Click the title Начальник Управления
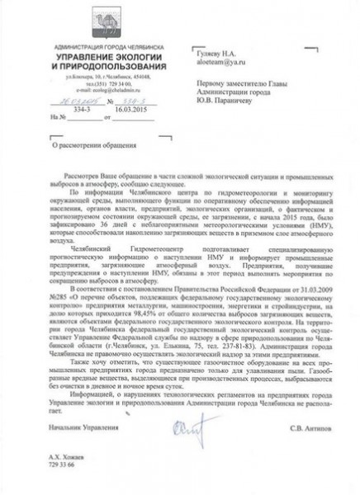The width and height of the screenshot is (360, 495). pyautogui.click(x=78, y=427)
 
